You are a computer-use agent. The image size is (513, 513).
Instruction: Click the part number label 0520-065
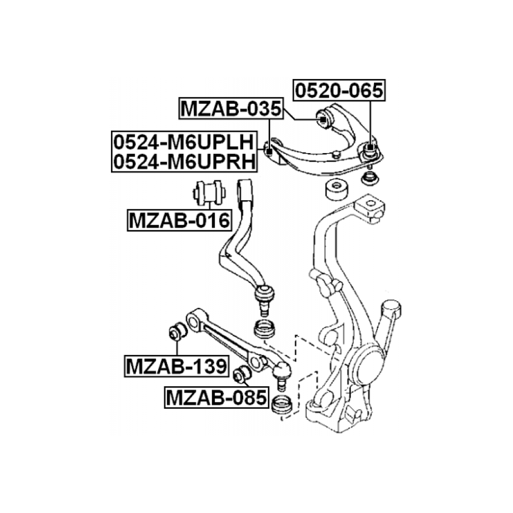pos(339,90)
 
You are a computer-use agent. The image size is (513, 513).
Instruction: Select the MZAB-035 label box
pos(231,108)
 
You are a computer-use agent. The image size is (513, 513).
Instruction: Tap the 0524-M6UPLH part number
pos(184,142)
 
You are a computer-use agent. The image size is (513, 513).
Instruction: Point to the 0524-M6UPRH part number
pos(184,161)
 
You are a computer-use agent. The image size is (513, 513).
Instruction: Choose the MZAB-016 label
pos(179,220)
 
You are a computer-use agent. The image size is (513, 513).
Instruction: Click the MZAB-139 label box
pos(177,366)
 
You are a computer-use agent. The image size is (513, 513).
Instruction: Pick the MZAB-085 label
pos(216,398)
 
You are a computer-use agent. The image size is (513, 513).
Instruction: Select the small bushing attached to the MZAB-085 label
pos(242,374)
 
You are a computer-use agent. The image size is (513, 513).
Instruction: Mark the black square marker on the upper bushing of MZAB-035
pos(323,119)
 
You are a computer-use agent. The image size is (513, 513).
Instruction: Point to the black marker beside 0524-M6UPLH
pos(269,151)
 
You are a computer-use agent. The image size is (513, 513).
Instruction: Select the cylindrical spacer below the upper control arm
pos(336,190)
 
